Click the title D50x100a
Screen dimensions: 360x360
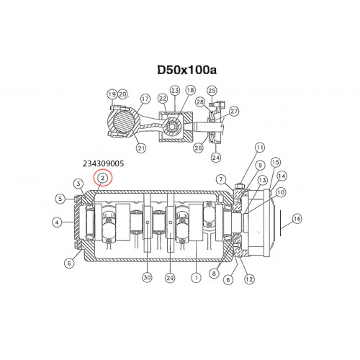tap(187, 70)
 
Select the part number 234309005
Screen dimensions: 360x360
tap(104, 163)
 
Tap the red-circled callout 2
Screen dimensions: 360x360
tap(103, 178)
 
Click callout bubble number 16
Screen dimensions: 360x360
tap(297, 219)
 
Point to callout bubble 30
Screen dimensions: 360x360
tap(147, 277)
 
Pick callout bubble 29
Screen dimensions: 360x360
tap(170, 278)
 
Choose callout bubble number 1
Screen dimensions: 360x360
tap(197, 278)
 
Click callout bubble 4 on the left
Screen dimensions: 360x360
tap(57, 222)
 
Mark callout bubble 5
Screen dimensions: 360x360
tap(60, 199)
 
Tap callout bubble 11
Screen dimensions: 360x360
tap(260, 148)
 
